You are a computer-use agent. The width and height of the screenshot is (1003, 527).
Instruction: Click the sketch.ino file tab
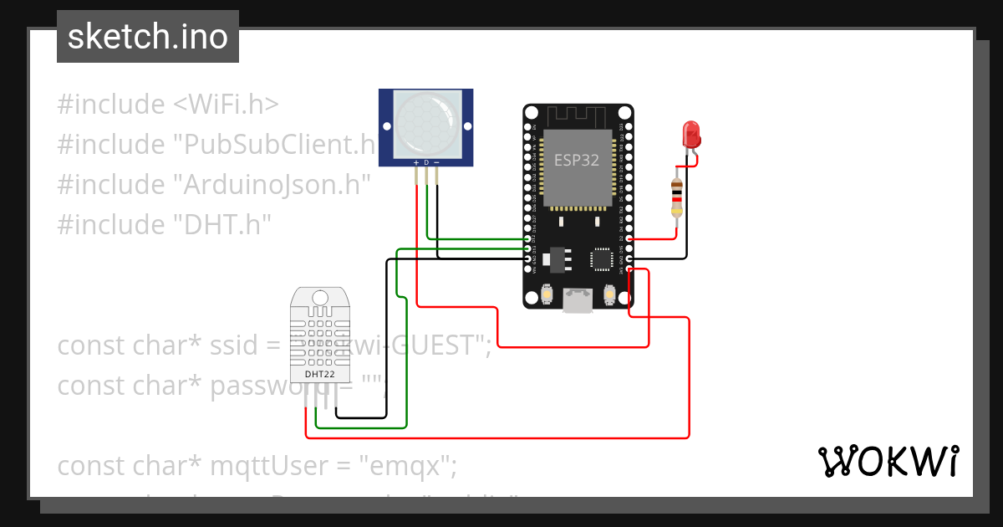click(147, 37)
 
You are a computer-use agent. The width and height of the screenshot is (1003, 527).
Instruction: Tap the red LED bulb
click(691, 134)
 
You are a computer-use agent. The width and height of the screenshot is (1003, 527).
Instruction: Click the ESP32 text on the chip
click(577, 161)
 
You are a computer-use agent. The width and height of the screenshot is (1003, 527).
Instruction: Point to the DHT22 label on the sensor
click(319, 374)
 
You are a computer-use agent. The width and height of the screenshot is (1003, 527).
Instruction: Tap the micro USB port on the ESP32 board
click(578, 300)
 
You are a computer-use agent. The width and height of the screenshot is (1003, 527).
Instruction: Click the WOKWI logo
click(888, 461)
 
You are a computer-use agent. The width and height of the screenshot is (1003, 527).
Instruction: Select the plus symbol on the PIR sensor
click(416, 162)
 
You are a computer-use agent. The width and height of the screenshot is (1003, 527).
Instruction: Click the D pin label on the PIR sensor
click(426, 162)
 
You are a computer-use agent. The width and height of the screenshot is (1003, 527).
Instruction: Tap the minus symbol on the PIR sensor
click(436, 162)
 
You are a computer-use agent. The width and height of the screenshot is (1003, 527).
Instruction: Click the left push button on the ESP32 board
click(547, 294)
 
